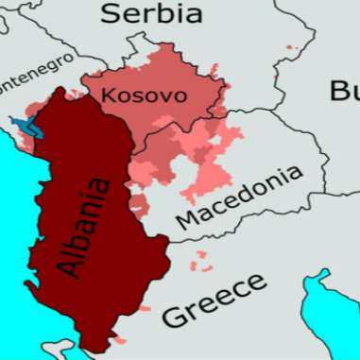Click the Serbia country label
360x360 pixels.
click(151, 13)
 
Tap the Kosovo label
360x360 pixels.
click(143, 95)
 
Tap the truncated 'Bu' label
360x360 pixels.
click(344, 91)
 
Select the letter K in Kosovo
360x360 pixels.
click(108, 95)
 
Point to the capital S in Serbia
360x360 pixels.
click(112, 13)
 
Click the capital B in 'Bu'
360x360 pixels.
click(337, 91)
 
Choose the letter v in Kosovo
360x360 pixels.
click(164, 96)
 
